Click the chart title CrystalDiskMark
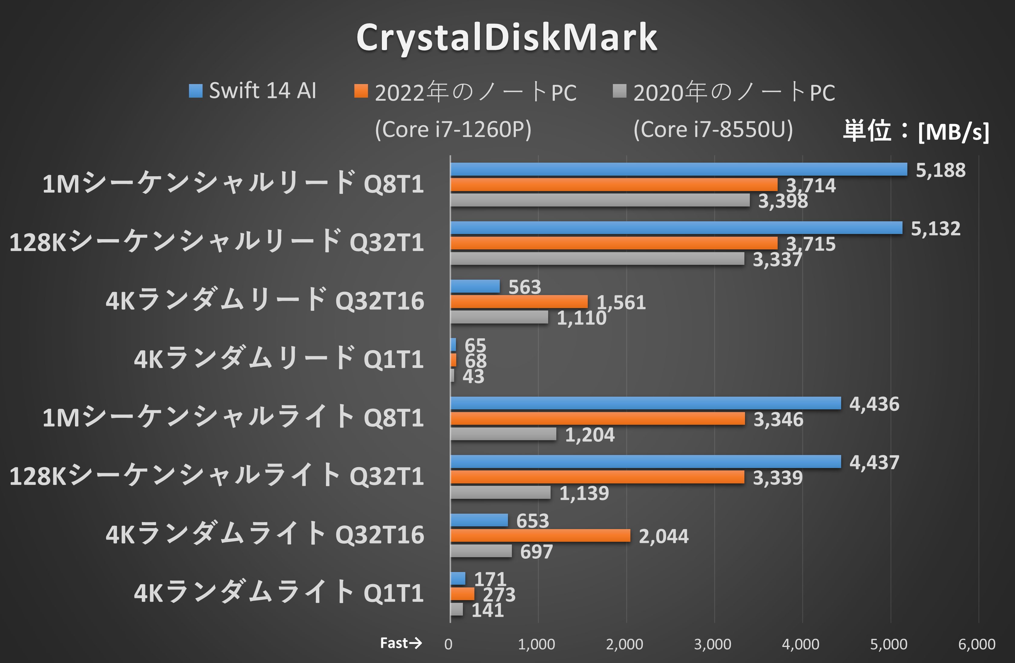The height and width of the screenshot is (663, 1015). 507,37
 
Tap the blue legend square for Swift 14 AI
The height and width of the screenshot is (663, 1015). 196,91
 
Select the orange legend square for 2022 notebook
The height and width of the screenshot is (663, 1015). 361,91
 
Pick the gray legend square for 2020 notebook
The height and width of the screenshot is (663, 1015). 619,91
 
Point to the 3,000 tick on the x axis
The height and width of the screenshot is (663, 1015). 713,644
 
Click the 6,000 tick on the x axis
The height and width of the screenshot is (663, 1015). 977,644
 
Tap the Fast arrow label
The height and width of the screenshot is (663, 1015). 400,643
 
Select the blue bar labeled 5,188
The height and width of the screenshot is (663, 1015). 678,169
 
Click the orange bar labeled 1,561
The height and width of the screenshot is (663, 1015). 519,302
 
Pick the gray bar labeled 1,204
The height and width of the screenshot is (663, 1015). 503,434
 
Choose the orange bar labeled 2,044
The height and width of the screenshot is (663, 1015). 540,535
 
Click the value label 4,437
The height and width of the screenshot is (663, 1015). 874,462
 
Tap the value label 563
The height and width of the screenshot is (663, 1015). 525,287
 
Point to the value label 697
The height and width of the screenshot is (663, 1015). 536,552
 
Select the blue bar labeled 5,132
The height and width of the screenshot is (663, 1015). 676,228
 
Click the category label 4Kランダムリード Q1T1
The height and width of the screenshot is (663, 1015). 278,359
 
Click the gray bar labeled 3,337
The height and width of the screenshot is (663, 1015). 597,258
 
